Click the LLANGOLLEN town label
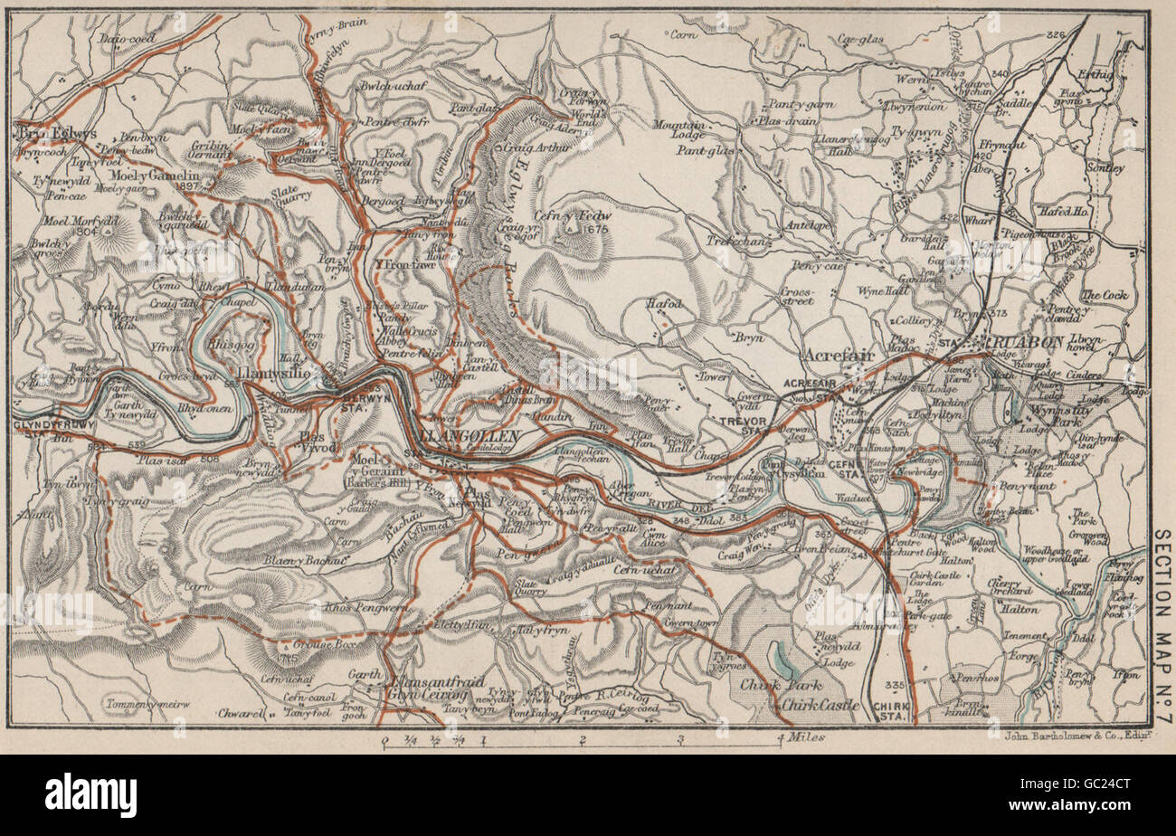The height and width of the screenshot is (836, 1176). [469, 437]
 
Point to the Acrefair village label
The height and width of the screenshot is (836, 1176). [840, 356]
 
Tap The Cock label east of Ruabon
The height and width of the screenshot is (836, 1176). [1103, 295]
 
